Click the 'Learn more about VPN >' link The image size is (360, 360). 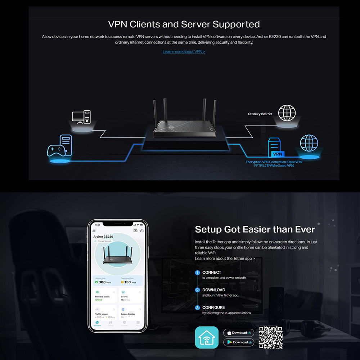(184, 52)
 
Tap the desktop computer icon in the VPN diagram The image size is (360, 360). (81, 117)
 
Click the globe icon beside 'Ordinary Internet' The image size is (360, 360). (287, 113)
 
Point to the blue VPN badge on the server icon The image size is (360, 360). (278, 154)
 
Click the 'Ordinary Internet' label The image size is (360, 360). (260, 114)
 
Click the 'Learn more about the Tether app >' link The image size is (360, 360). (225, 258)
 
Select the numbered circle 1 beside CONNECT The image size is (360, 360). (197, 273)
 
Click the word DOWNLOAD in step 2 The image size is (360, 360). (213, 290)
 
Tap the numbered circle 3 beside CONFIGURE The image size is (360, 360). (197, 308)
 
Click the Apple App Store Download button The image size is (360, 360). (239, 333)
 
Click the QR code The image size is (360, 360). (271, 337)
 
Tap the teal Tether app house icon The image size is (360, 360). (207, 337)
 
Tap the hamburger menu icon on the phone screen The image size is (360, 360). (94, 231)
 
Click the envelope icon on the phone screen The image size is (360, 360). (135, 231)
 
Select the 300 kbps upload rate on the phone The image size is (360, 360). (103, 282)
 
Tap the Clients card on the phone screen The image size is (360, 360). (130, 295)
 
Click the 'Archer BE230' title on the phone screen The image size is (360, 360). (103, 237)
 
